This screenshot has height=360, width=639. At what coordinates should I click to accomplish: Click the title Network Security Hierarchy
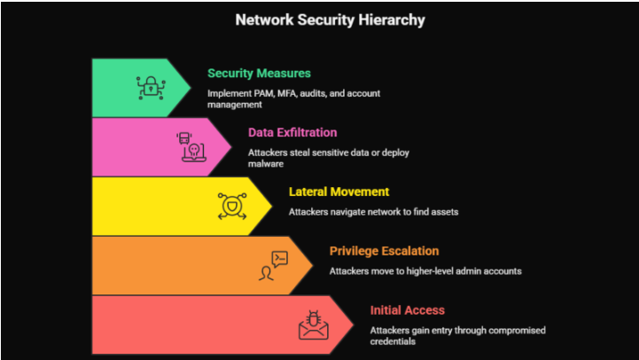(x=318, y=20)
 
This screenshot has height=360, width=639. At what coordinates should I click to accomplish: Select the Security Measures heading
(x=259, y=74)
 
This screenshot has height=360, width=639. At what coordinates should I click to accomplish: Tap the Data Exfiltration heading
(x=292, y=132)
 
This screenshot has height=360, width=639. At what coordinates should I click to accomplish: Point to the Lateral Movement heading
(x=339, y=192)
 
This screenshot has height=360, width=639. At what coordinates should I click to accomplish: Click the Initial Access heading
(x=408, y=310)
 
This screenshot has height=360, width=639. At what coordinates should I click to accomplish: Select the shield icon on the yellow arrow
(x=232, y=206)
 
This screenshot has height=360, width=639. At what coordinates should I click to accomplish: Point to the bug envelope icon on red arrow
(x=313, y=325)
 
